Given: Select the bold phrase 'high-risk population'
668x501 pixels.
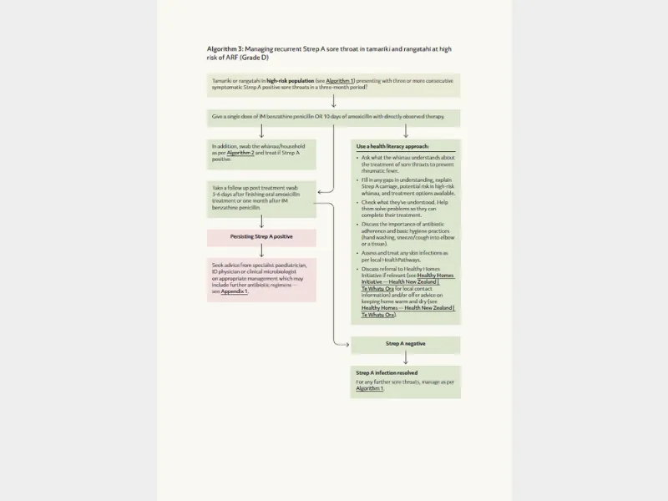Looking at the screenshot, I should tap(290, 80).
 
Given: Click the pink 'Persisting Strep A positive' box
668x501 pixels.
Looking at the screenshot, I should tap(261, 237).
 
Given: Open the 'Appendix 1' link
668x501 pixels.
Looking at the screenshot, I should tap(235, 291).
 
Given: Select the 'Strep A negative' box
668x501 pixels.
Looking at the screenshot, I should tap(405, 344).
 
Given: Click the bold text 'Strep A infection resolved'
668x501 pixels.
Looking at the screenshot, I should tap(387, 372).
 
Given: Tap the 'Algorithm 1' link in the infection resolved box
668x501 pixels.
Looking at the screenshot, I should tap(369, 389).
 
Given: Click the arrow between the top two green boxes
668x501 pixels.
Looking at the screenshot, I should tap(333, 102).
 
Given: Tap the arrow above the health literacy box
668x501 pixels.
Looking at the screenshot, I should tap(405, 131).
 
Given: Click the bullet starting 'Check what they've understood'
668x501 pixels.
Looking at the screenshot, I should tap(407, 205).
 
